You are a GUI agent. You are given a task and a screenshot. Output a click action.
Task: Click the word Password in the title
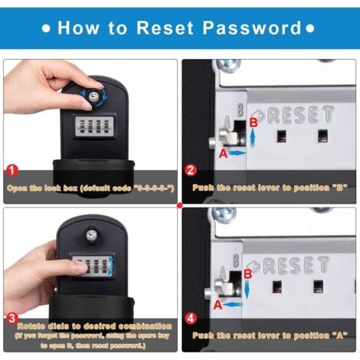[x=252, y=28]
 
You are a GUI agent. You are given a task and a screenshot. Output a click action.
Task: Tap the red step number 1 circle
[x=12, y=169]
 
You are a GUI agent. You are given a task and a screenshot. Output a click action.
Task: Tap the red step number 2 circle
[x=191, y=169]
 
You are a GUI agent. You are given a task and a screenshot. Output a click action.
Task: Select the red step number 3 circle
[x=12, y=317]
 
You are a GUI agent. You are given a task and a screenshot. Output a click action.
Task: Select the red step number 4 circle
[x=191, y=317]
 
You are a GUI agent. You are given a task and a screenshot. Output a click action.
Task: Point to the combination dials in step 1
[x=97, y=125]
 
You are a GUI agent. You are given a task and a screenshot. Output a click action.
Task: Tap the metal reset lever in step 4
[x=222, y=286]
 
